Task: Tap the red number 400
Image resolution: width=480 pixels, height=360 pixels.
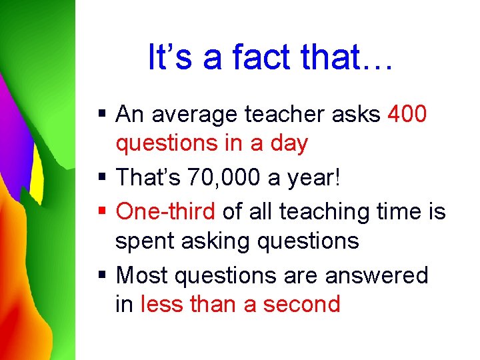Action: tap(406, 114)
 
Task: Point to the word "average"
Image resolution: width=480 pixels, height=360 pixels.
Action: tap(196, 115)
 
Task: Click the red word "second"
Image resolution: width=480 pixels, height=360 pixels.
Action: tap(302, 304)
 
